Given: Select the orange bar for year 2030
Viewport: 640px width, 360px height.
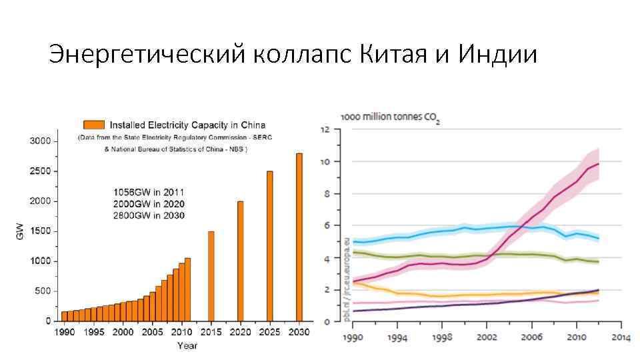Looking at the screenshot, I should click(299, 237).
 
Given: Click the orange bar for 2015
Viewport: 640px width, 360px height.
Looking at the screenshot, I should click(211, 276).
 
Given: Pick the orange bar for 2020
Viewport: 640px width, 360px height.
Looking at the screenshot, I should click(240, 261).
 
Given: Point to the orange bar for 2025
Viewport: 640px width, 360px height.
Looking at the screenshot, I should click(269, 246).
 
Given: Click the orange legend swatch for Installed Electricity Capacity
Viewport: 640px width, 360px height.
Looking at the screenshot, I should click(93, 125).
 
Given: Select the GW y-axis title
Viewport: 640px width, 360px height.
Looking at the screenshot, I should click(19, 231).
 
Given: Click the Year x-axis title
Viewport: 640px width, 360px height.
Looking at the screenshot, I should click(187, 345).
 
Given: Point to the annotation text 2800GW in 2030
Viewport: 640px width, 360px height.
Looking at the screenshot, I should click(149, 215).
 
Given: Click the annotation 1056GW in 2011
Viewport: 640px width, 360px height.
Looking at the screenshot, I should click(149, 193).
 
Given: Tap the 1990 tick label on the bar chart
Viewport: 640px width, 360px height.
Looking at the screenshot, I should click(64, 332).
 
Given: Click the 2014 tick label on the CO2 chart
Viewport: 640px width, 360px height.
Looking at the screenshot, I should click(621, 337).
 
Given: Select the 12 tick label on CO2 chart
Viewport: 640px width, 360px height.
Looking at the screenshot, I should click(327, 129).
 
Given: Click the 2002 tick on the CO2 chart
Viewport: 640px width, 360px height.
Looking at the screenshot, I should click(487, 337).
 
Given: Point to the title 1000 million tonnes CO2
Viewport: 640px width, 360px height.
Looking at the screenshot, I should click(390, 117).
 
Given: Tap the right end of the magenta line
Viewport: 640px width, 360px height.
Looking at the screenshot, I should click(599, 164).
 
